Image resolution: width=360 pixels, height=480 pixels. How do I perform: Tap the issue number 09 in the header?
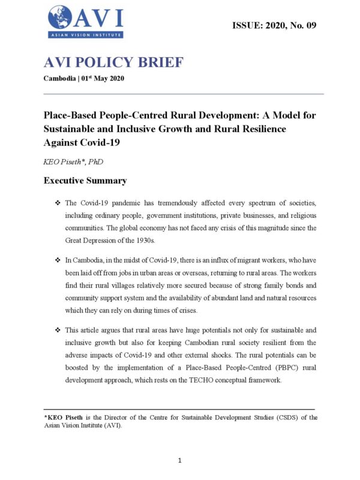[x=309, y=25]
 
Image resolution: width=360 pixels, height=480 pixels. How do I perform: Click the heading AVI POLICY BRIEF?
[x=113, y=63]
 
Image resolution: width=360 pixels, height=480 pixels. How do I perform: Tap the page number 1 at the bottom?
[x=180, y=460]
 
